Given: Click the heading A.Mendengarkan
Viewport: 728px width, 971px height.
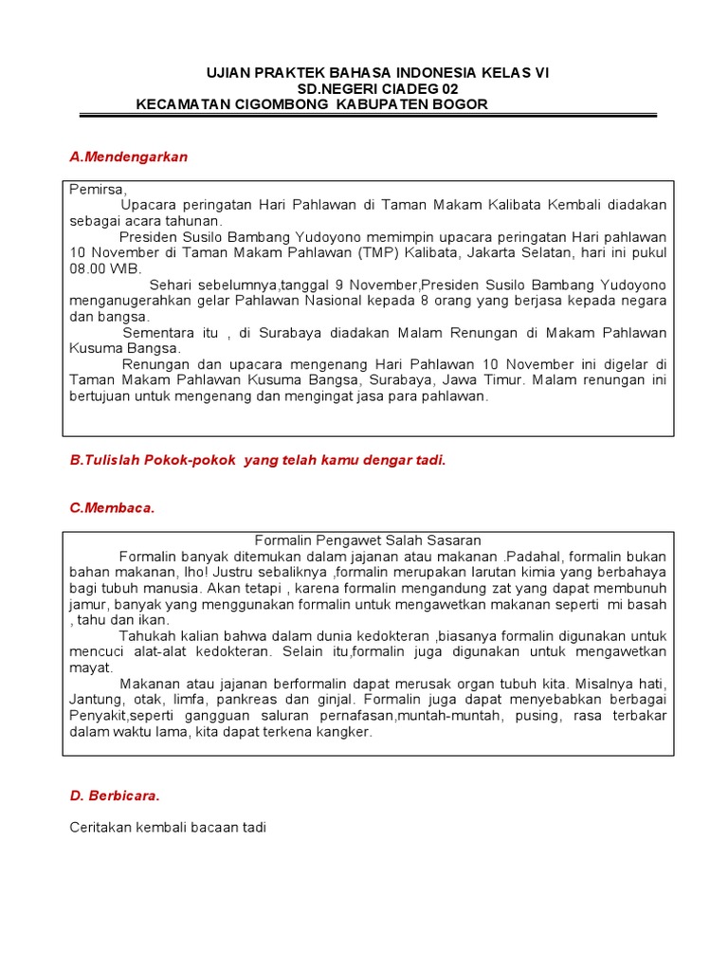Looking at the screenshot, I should click(x=129, y=157).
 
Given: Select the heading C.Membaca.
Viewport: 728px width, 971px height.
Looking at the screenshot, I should click(x=111, y=508).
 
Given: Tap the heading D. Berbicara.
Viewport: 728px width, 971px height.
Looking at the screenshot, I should click(x=115, y=796).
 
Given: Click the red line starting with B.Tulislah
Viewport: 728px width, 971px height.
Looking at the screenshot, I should click(x=257, y=460).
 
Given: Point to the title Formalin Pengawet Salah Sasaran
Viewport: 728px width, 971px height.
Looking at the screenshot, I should click(x=369, y=540).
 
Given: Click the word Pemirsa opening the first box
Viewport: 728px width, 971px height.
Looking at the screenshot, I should click(x=97, y=189).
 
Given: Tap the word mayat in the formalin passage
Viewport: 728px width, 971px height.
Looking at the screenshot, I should click(x=86, y=668).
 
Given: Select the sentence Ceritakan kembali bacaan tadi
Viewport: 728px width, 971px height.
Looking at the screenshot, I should click(x=168, y=828).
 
